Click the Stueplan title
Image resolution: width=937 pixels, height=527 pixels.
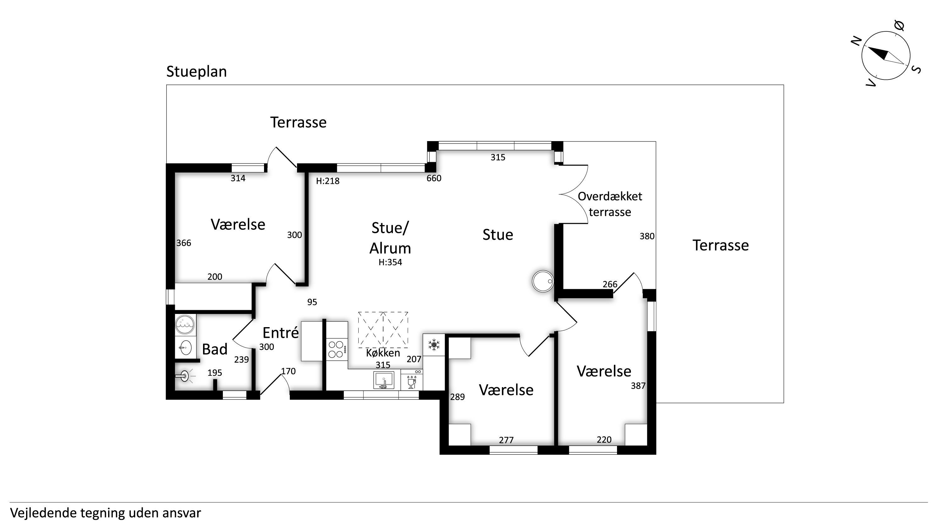[196, 72]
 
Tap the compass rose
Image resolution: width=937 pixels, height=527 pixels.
[886, 56]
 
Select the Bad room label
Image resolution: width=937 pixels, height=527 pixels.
[215, 349]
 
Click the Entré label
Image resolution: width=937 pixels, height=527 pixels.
[280, 333]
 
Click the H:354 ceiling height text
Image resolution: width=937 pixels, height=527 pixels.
[390, 262]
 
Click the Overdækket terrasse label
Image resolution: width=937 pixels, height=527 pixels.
[610, 204]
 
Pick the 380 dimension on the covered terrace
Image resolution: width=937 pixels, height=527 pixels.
[647, 236]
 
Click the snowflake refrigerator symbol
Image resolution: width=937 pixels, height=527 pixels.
[433, 344]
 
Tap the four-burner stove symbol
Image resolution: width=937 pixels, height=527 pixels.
[336, 349]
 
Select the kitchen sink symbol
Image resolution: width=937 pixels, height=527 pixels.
[383, 380]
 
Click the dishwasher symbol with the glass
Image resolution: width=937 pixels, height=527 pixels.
[412, 381]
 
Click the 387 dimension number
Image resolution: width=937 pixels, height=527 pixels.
[638, 386]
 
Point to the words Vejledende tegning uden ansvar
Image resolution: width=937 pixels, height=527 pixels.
[106, 513]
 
